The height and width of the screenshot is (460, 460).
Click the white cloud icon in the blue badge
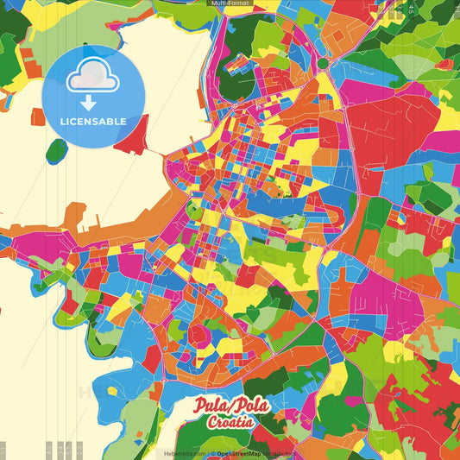coord(92,79)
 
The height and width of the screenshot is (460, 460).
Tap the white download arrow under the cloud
coord(89,104)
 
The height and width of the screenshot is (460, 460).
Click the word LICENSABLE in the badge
coord(93,122)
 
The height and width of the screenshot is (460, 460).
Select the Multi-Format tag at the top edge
coord(229,3)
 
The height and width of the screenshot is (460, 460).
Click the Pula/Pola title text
coord(230,406)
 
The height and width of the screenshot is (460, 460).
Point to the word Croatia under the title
coord(230,422)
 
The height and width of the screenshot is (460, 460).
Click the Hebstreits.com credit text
coord(185,453)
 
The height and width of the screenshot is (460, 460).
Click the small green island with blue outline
coord(57,151)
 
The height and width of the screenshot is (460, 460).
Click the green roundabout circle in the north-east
coord(323,63)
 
